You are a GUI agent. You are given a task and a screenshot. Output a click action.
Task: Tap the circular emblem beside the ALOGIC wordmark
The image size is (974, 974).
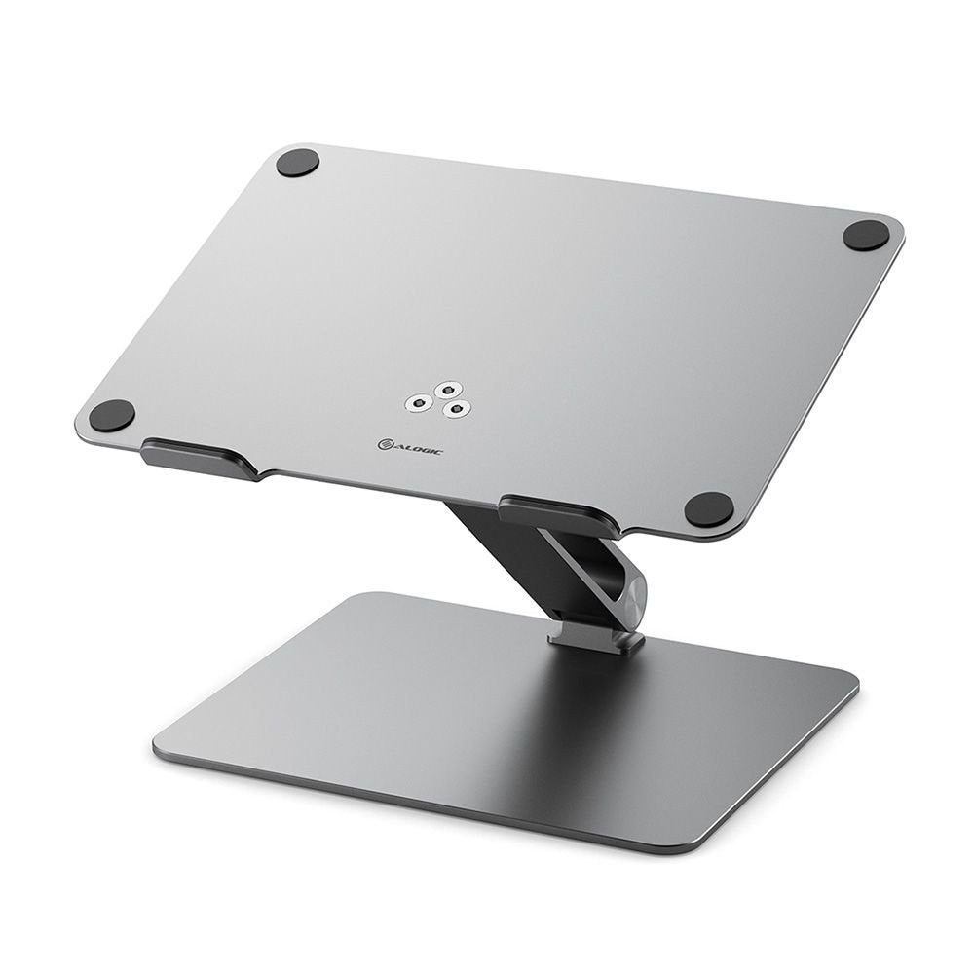(x=385, y=444)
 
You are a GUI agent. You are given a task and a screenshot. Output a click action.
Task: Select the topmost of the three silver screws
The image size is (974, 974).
(x=447, y=389)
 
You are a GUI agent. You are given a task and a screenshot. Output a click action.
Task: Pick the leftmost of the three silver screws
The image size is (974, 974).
(x=420, y=400)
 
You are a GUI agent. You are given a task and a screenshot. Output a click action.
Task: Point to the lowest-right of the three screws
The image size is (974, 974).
(x=451, y=409)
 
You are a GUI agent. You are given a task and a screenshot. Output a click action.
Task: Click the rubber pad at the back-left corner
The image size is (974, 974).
(x=297, y=163)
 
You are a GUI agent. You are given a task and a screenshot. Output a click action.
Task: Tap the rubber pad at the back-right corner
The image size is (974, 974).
(x=866, y=235)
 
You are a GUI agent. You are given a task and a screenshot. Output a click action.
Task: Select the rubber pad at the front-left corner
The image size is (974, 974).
(x=112, y=416)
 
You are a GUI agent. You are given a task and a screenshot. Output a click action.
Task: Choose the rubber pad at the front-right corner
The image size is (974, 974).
(x=708, y=508)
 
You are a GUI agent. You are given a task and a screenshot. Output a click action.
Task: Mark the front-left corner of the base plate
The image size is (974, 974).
(x=162, y=746)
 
